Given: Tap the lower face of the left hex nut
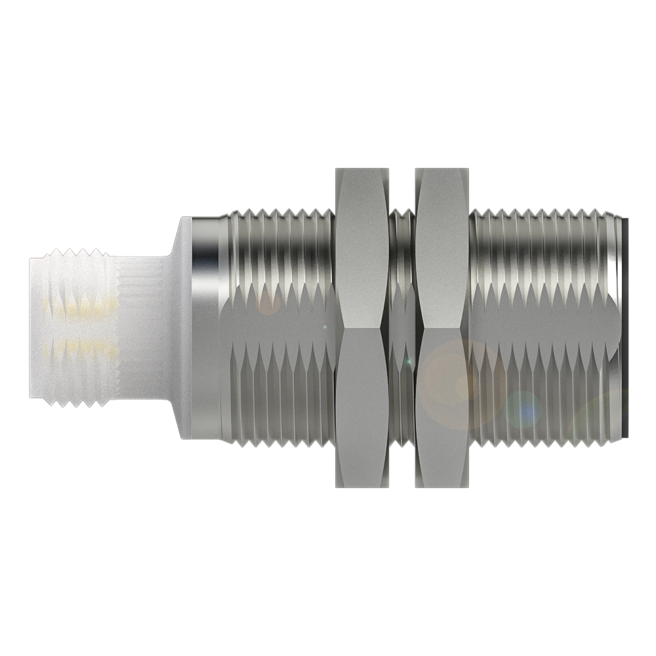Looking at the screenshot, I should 361,407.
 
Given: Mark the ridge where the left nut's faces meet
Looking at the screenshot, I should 361,326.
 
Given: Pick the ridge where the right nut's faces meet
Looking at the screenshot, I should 443,326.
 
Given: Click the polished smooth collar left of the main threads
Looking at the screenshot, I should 205,328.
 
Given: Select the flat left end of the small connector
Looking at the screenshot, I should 31,328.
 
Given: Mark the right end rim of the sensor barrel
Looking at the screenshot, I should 620,328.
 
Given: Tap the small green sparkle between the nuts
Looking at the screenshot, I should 408,361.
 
